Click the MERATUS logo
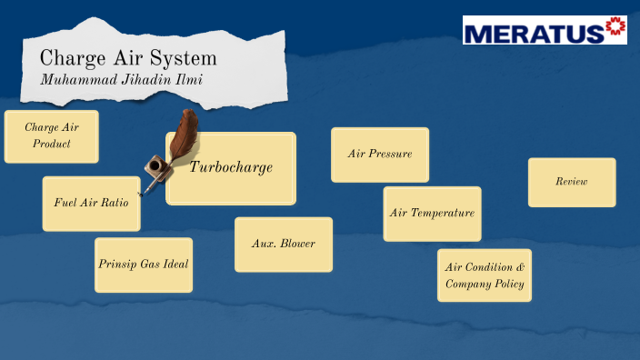click(545, 30)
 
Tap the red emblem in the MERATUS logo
click(615, 29)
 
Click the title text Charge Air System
click(128, 59)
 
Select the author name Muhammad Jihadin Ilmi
click(123, 79)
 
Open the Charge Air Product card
click(51, 136)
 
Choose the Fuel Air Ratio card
click(91, 203)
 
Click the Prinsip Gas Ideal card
click(144, 265)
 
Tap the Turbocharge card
click(231, 167)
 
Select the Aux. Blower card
click(283, 244)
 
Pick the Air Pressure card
click(379, 154)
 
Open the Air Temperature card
click(432, 214)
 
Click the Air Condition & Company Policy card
click(484, 275)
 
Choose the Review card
click(571, 182)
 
